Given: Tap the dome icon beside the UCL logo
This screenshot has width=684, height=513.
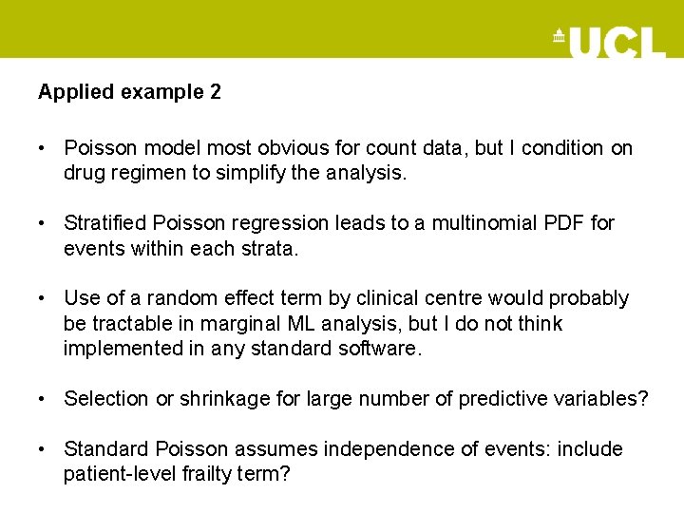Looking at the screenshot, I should (x=559, y=37).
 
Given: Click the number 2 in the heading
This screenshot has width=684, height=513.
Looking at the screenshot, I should (x=216, y=92).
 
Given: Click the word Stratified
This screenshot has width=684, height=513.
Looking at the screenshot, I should (x=103, y=223).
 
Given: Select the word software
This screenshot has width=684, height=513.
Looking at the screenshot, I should (x=377, y=349).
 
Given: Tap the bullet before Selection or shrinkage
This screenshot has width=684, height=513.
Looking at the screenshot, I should (x=44, y=399).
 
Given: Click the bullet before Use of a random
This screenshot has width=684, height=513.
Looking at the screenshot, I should (x=44, y=298).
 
